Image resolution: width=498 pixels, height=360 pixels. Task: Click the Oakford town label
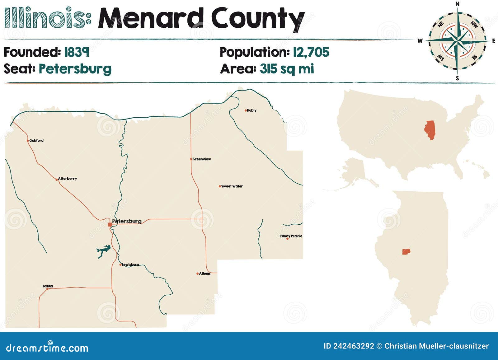36,141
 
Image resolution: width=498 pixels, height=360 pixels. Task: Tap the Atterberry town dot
56,180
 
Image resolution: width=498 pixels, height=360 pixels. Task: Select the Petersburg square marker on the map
110,224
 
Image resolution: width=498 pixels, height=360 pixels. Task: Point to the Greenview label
201,159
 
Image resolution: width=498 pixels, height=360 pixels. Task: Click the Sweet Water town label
232,186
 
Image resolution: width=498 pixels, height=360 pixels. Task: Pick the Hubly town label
251,110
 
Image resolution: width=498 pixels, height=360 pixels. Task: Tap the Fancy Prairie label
291,236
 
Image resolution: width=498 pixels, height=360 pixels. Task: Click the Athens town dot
197,274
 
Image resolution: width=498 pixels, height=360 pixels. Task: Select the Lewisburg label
130,265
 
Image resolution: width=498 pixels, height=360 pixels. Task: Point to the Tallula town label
48,286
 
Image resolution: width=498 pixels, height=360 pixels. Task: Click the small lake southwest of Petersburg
103,251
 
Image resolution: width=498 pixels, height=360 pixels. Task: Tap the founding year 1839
77,52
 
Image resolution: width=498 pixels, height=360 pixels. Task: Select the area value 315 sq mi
287,69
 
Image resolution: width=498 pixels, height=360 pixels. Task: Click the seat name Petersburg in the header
75,69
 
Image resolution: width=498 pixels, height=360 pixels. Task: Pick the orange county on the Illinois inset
406,251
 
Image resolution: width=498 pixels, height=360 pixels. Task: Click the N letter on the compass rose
457,4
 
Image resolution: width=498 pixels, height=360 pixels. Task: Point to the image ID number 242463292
354,346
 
